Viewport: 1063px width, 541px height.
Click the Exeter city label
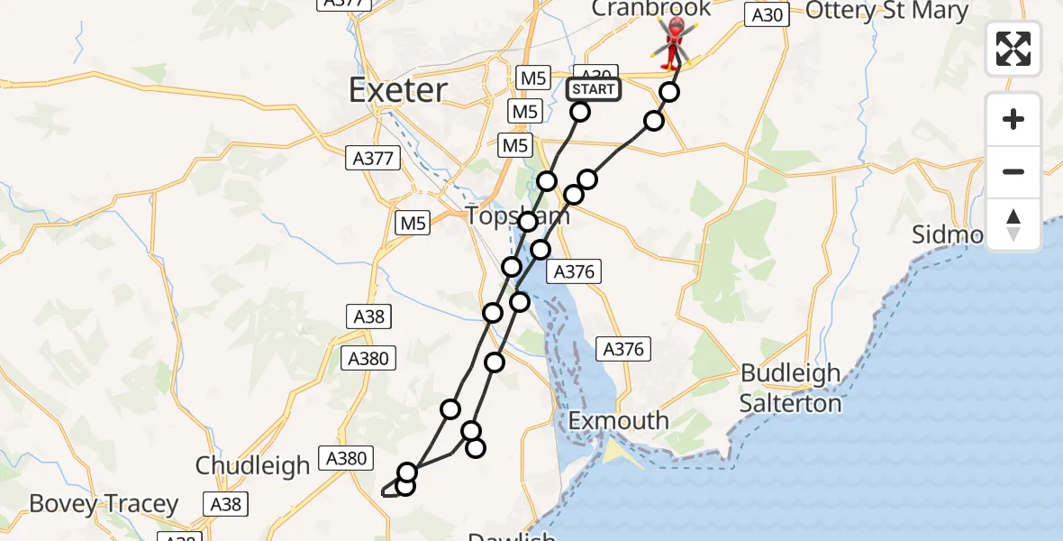397,90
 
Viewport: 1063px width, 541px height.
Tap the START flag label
593,89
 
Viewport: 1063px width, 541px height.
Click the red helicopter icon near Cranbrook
675,41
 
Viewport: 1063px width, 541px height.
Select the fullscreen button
1013,49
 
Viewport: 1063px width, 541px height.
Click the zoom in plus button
1013,119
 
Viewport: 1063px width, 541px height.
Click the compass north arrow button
1013,224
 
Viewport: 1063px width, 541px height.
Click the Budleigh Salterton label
790,388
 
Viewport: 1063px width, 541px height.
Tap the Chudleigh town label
253,465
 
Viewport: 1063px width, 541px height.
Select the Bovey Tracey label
104,503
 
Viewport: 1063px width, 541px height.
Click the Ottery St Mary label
886,11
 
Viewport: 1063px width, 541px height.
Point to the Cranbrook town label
651,8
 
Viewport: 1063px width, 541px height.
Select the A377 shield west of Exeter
369,159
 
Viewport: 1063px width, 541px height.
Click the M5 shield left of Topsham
413,222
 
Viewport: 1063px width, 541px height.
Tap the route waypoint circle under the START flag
580,112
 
